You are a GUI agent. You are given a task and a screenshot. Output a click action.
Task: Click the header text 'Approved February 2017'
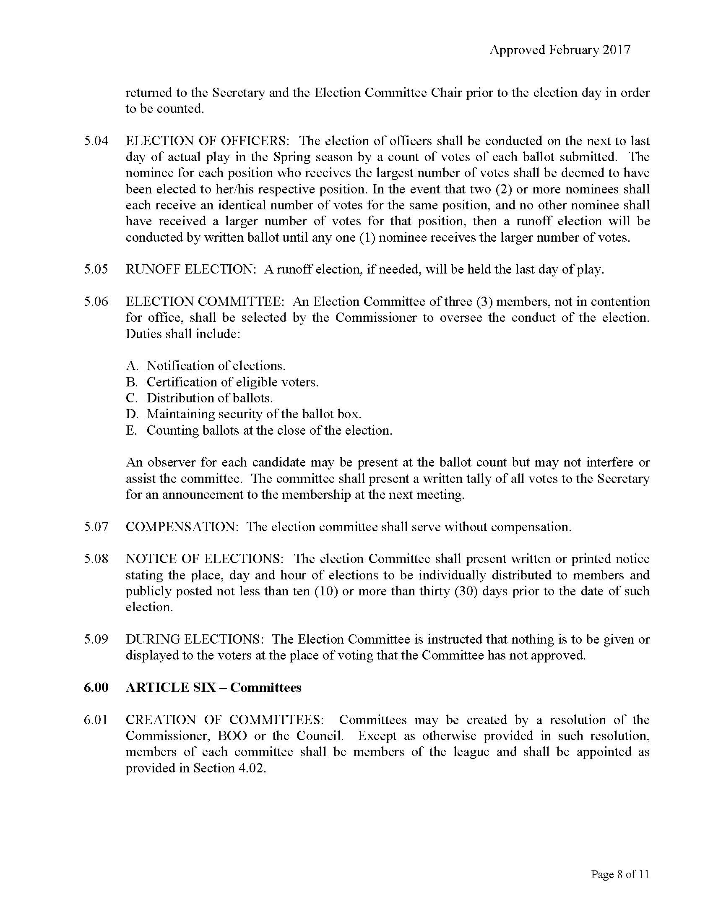[x=559, y=50]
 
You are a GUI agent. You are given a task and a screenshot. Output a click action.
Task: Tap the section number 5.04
[x=96, y=141]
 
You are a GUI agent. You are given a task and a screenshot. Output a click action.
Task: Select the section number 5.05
[x=96, y=269]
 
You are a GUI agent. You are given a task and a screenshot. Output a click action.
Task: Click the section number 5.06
[x=96, y=301]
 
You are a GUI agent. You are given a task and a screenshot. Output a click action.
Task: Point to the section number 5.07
[x=96, y=527]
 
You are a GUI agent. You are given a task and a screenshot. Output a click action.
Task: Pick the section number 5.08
[x=96, y=559]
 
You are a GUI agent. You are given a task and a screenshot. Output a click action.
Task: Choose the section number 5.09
[x=96, y=639]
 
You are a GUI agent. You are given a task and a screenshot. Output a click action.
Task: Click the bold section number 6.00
[x=96, y=688]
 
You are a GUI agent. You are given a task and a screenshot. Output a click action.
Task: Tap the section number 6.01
[x=96, y=720]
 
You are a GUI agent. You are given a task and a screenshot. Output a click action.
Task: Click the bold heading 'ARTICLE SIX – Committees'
[x=213, y=688]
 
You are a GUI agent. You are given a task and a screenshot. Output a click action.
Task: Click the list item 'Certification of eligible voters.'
[x=232, y=382]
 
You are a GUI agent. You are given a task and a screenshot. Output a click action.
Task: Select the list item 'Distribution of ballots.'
[x=210, y=398]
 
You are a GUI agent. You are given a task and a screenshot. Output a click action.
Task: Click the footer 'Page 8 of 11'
[x=619, y=874]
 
